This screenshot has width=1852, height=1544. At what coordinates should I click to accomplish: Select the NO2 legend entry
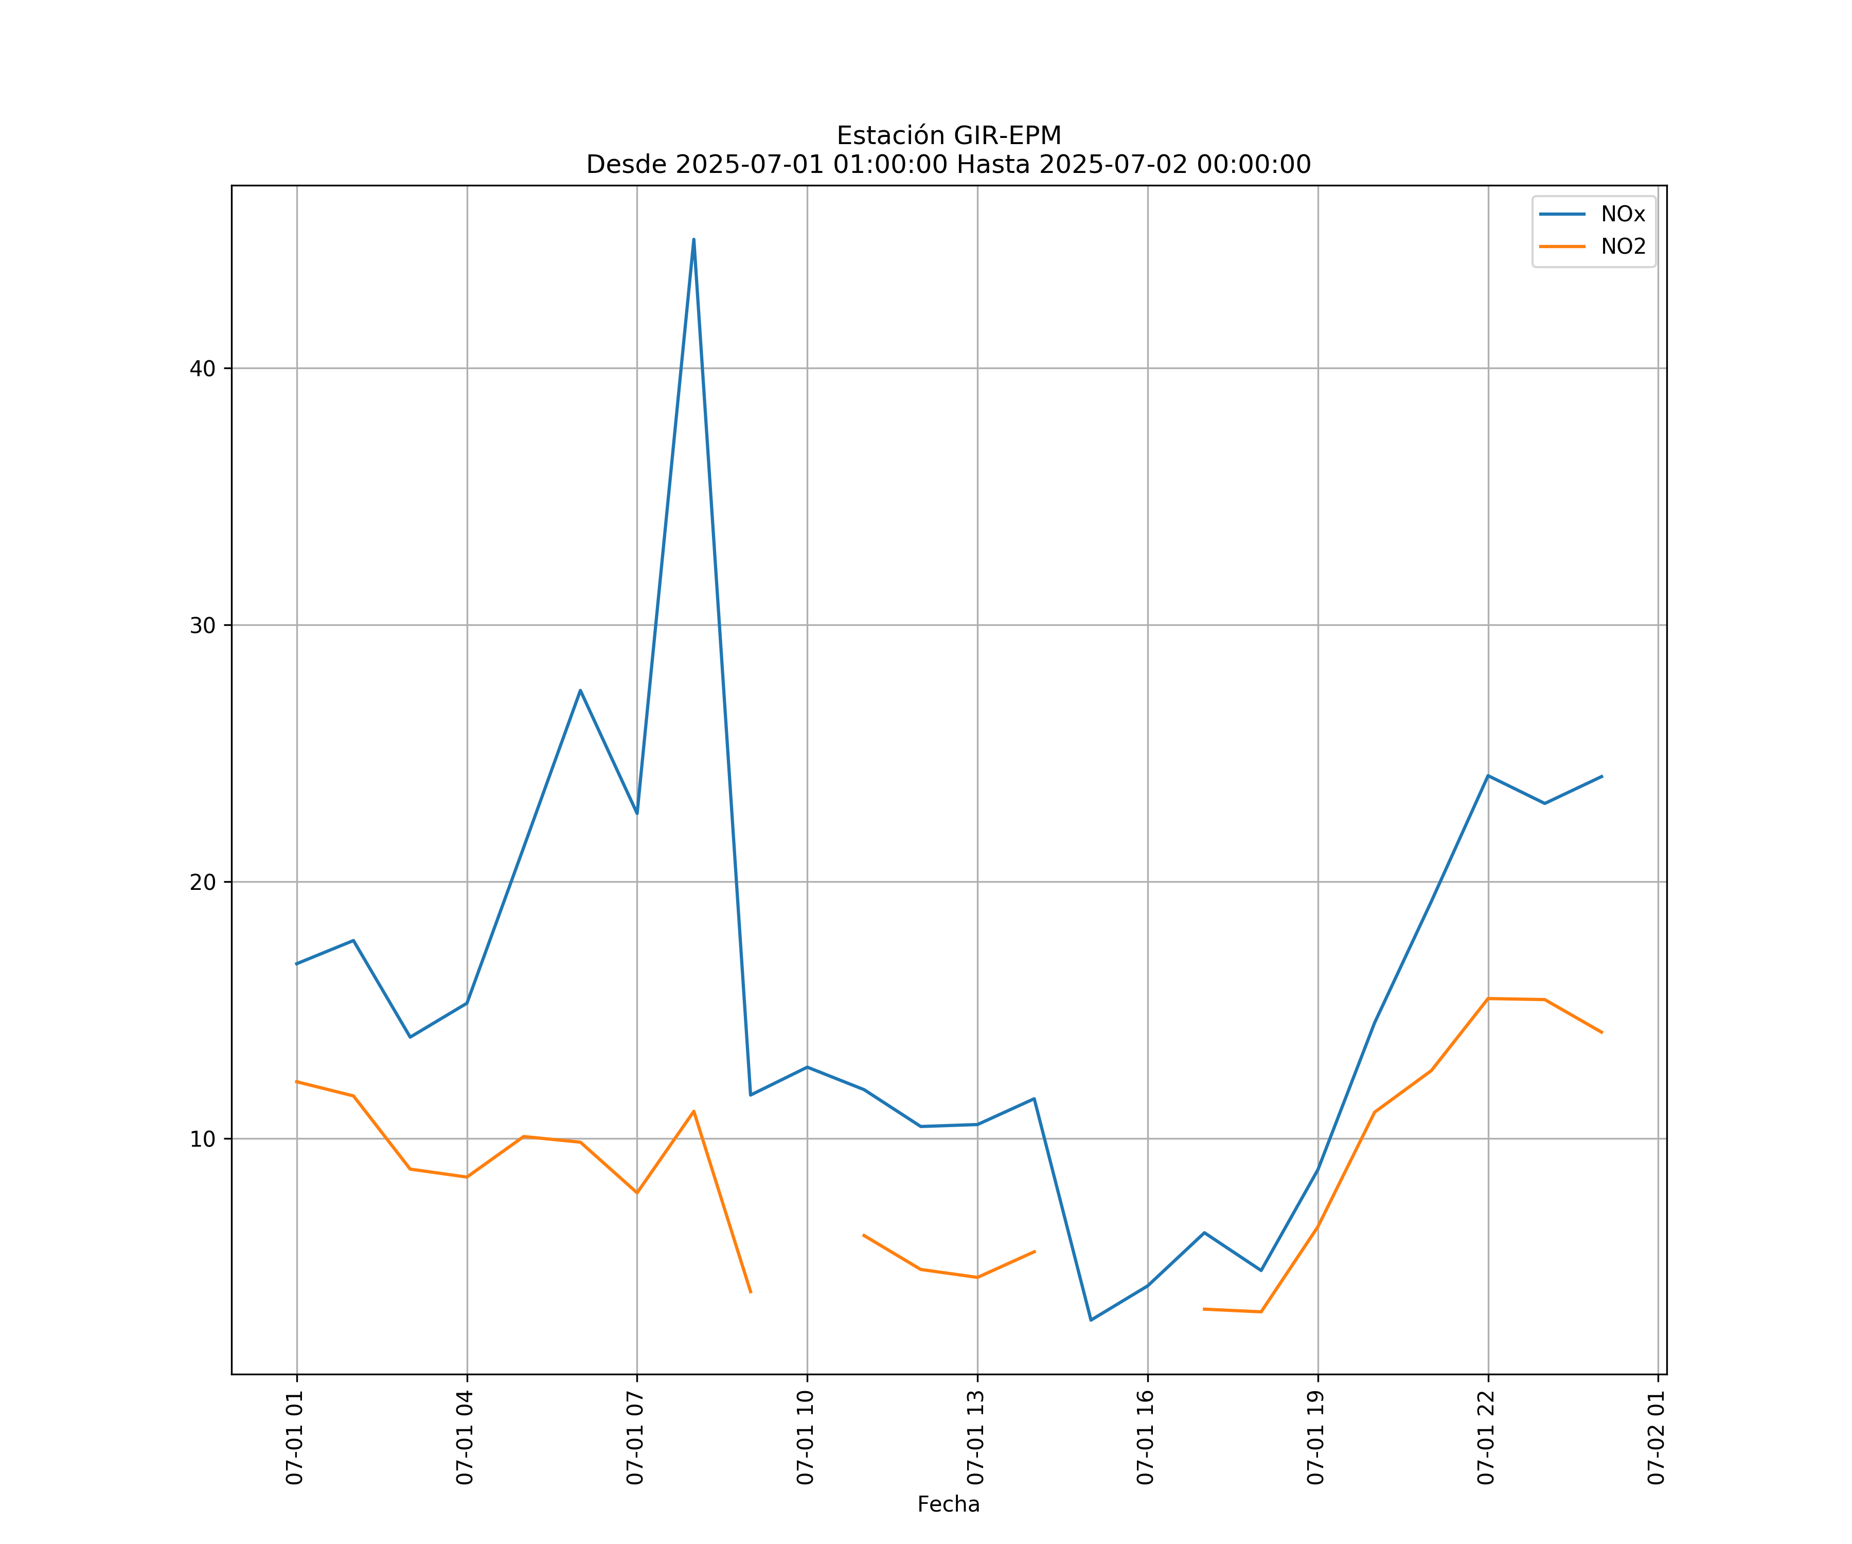click(x=1623, y=247)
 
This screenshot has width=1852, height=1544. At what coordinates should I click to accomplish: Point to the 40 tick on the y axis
click(x=203, y=369)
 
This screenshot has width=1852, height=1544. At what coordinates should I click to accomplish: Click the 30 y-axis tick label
click(x=203, y=625)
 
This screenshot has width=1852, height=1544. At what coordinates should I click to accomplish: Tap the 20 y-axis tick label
click(x=203, y=882)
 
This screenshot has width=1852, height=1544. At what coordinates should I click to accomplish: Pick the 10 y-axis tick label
click(x=203, y=1139)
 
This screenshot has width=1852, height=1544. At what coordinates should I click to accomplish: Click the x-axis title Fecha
click(x=948, y=1504)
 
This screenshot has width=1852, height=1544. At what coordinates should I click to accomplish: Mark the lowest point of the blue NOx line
click(x=1091, y=1320)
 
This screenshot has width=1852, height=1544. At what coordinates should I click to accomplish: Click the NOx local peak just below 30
click(x=580, y=690)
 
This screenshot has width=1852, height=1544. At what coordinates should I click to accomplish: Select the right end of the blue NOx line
click(x=1601, y=777)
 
